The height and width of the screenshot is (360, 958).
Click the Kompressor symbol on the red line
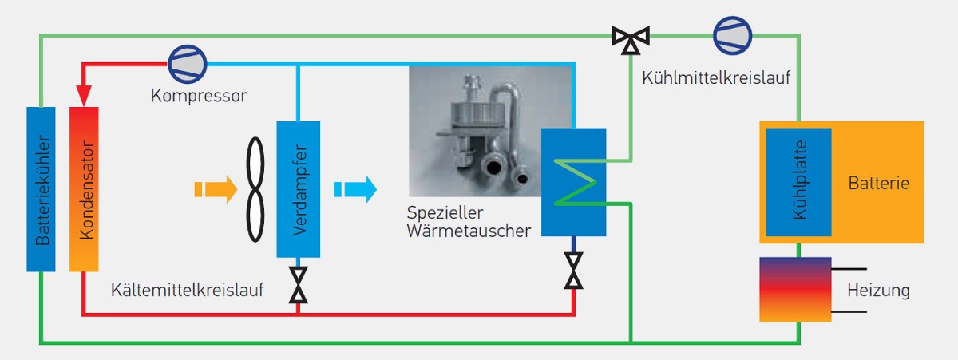[187, 62]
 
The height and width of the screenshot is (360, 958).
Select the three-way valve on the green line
[631, 38]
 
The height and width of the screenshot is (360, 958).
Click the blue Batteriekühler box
[41, 188]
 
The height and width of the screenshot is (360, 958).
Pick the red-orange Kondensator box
[83, 188]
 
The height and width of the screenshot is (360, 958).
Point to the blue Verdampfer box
[298, 189]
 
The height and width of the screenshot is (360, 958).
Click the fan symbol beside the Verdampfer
[255, 189]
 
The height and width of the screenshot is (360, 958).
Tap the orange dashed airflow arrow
[216, 189]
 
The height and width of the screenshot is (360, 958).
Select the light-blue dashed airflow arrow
[354, 189]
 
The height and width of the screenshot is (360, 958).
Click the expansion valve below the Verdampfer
[298, 285]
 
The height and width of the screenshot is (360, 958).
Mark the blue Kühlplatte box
[798, 182]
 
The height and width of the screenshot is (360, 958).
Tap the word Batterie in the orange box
[879, 184]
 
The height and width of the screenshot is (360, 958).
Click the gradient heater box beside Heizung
[795, 289]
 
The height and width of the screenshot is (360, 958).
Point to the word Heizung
[878, 291]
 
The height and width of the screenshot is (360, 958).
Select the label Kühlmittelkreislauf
[716, 79]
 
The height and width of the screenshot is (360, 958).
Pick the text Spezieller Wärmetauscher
[468, 223]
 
